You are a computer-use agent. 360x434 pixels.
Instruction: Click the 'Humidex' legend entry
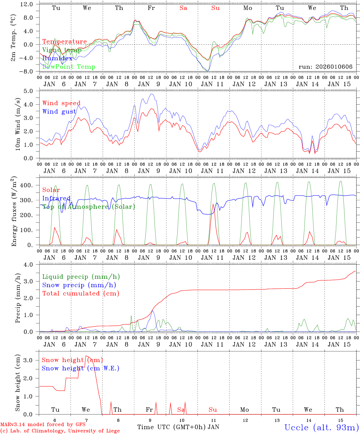click(57, 58)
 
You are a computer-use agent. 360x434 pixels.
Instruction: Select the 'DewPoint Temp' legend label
click(69, 67)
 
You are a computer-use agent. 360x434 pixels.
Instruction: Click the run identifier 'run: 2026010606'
click(325, 67)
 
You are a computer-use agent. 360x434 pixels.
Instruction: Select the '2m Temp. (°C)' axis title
click(14, 38)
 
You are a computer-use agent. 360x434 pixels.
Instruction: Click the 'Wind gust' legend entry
click(59, 112)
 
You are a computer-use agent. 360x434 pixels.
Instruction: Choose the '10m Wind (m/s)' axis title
click(17, 124)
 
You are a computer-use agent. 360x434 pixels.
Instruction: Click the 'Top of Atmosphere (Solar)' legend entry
click(89, 207)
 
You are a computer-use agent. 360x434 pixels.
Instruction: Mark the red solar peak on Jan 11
click(213, 204)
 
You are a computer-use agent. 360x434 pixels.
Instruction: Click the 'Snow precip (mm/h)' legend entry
click(79, 285)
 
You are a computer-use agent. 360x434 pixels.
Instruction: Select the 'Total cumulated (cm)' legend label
click(81, 293)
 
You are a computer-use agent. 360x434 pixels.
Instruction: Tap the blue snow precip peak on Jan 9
click(153, 311)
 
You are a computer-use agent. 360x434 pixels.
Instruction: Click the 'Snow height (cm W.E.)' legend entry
click(81, 368)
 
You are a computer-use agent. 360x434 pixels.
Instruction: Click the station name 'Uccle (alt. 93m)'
click(322, 427)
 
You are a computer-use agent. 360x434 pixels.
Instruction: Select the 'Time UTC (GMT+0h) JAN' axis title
click(178, 427)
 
